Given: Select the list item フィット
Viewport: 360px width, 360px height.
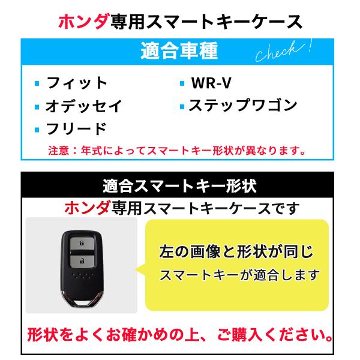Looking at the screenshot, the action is [x=77, y=83].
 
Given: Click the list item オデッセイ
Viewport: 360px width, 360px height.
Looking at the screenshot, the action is [x=83, y=106].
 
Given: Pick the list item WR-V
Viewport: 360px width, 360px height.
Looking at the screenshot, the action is [x=215, y=83].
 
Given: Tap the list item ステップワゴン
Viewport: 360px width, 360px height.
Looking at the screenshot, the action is [x=243, y=106].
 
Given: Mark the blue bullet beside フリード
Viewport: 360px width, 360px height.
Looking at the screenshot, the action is [x=37, y=129].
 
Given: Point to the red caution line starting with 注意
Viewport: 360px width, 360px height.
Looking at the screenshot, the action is [x=178, y=151].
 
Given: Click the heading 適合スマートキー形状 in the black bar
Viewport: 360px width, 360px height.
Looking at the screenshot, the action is [x=180, y=185].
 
